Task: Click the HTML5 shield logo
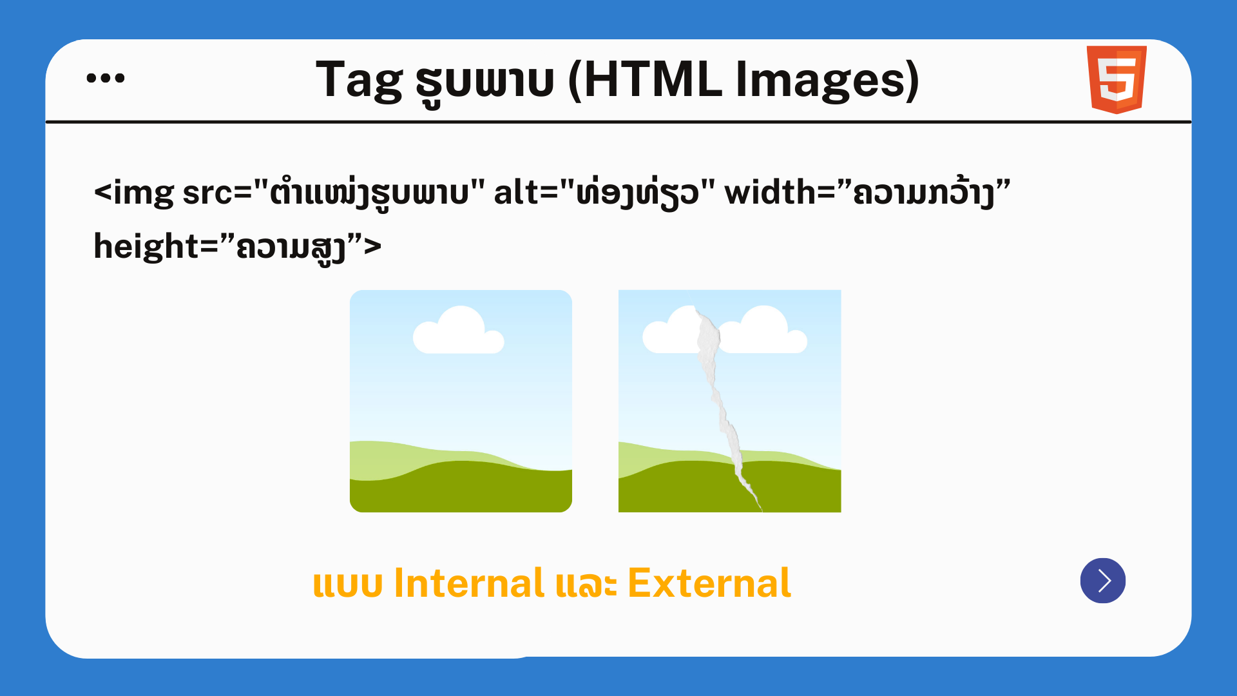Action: click(x=1117, y=79)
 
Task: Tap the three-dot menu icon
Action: click(x=106, y=78)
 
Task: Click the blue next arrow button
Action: click(x=1103, y=581)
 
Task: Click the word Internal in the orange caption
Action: click(x=469, y=583)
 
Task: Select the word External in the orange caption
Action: click(x=709, y=583)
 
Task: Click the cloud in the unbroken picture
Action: click(x=458, y=332)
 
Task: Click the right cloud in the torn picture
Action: click(x=763, y=332)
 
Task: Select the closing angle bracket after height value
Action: click(x=373, y=247)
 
